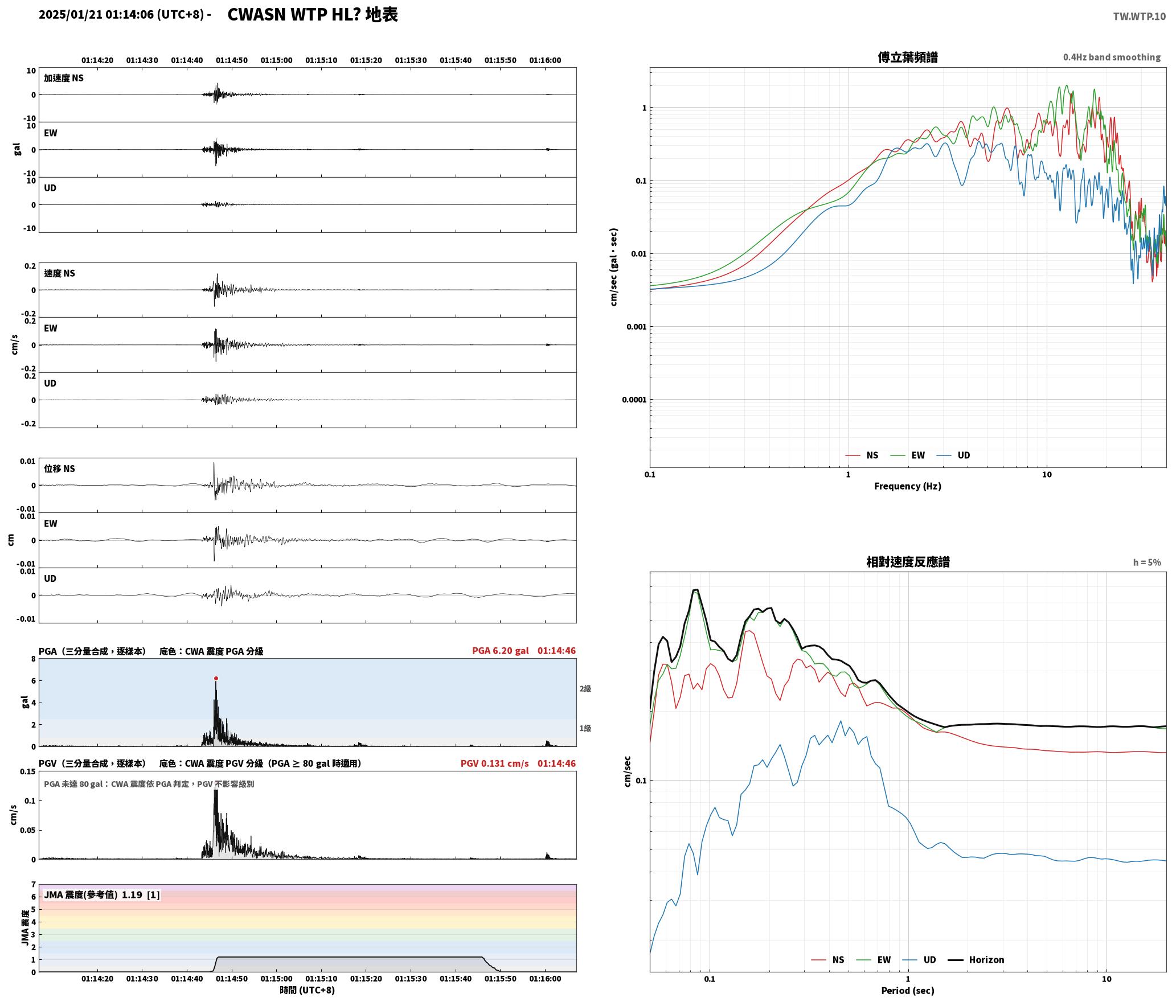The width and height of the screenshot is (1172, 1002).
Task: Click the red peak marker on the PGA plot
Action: (216, 678)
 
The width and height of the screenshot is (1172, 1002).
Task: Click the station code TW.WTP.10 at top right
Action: (1139, 16)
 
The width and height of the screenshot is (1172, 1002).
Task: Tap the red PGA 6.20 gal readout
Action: (500, 650)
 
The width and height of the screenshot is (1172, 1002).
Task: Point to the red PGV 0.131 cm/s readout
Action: (494, 763)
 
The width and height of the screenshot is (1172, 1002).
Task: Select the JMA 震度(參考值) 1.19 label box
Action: (102, 894)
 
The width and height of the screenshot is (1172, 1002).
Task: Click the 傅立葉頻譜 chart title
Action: (908, 57)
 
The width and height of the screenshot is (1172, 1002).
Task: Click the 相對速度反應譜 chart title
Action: (908, 561)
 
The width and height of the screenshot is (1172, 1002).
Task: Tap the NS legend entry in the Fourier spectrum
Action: (862, 455)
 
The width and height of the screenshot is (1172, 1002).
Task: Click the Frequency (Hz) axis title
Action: (908, 486)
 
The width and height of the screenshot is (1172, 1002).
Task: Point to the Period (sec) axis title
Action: (908, 990)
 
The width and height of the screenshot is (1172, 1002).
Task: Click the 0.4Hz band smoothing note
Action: (1112, 57)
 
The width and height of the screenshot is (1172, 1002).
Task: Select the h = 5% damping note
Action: (1147, 562)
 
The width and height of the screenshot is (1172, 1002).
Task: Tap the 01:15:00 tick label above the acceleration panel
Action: (277, 60)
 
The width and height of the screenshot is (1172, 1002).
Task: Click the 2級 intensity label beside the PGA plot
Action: (585, 688)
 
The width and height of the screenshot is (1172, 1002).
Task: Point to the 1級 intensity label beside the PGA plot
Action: (585, 728)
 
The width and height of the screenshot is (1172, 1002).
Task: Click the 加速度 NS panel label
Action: (64, 78)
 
